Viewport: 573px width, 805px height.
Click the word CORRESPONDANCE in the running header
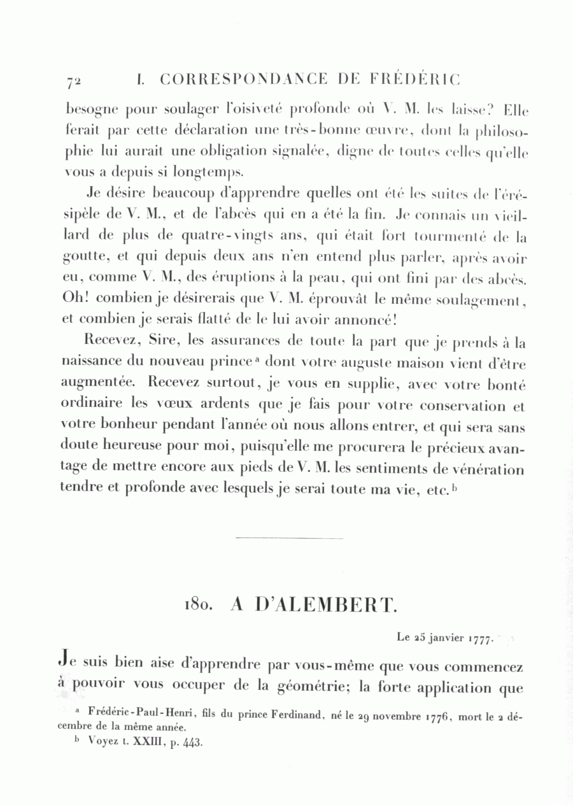(x=243, y=80)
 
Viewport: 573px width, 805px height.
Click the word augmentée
(x=97, y=384)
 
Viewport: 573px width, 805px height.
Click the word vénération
(x=488, y=470)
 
